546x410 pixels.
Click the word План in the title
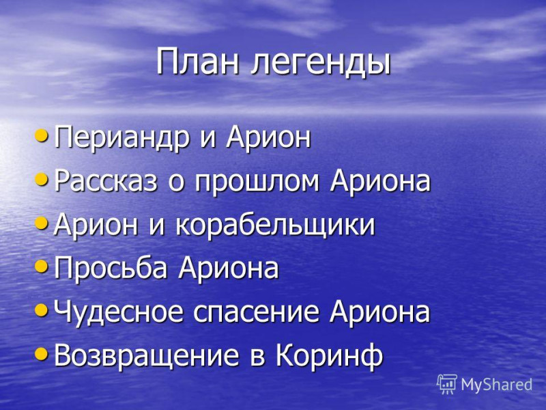point(198,61)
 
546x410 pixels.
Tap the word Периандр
point(121,138)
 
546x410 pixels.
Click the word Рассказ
point(106,182)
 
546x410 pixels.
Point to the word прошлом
point(257,182)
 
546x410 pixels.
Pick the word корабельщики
point(275,225)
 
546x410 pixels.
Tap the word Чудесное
point(118,312)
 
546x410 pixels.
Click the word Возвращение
point(147,355)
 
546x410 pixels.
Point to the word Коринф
point(329,355)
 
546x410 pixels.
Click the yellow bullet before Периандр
point(42,135)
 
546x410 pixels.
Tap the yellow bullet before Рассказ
point(42,179)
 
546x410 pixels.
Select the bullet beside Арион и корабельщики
point(42,223)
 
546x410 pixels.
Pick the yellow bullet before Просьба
point(42,266)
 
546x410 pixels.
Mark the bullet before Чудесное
point(42,310)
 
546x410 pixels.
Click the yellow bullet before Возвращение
point(42,354)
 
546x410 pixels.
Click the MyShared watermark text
point(497,385)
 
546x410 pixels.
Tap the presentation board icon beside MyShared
point(447,384)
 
